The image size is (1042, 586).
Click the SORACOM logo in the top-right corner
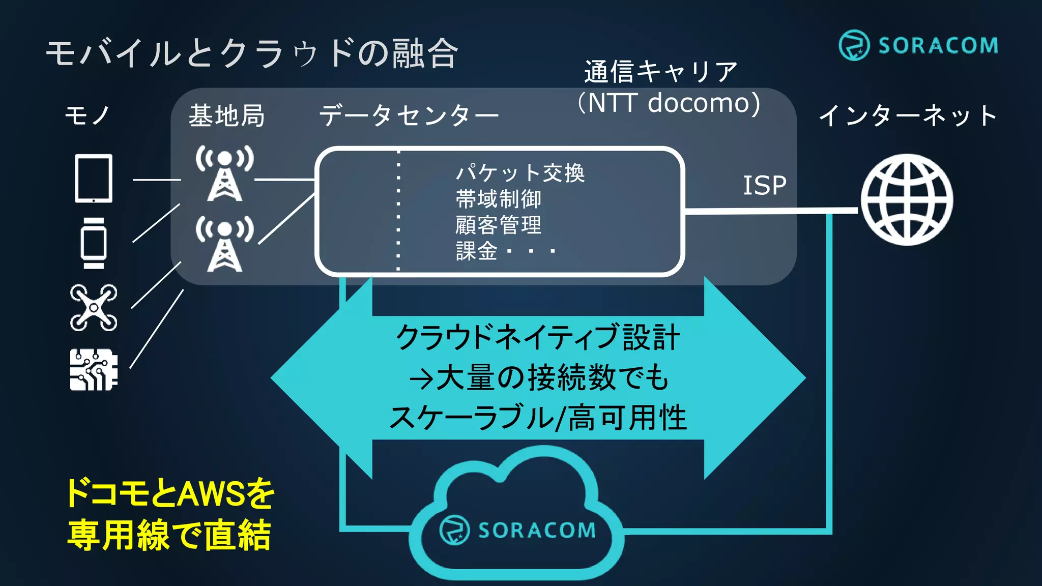pyautogui.click(x=918, y=45)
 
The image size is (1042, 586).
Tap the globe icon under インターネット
pyautogui.click(x=907, y=199)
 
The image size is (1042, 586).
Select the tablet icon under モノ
pyautogui.click(x=94, y=179)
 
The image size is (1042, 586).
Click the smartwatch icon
pyautogui.click(x=94, y=243)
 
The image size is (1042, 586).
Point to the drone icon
pyautogui.click(x=94, y=308)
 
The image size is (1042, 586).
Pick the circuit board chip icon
pyautogui.click(x=94, y=370)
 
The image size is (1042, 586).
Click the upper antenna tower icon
pyautogui.click(x=224, y=173)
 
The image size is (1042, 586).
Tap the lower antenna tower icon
pyautogui.click(x=224, y=244)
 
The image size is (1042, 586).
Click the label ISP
pyautogui.click(x=764, y=186)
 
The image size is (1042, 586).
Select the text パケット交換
pyautogui.click(x=520, y=173)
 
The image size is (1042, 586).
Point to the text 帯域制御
pyautogui.click(x=498, y=199)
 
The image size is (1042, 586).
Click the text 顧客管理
pyautogui.click(x=498, y=225)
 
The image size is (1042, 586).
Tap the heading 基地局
pyautogui.click(x=226, y=116)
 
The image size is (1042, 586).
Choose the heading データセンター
pyautogui.click(x=409, y=116)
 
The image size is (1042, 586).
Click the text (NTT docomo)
pyautogui.click(x=669, y=103)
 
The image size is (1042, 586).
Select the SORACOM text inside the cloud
pyautogui.click(x=536, y=531)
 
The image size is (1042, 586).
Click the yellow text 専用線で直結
pyautogui.click(x=169, y=535)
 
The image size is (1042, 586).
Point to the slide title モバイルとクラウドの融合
pyautogui.click(x=252, y=53)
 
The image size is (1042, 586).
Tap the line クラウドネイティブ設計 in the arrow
pyautogui.click(x=538, y=337)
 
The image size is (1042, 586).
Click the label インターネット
pyautogui.click(x=907, y=116)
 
